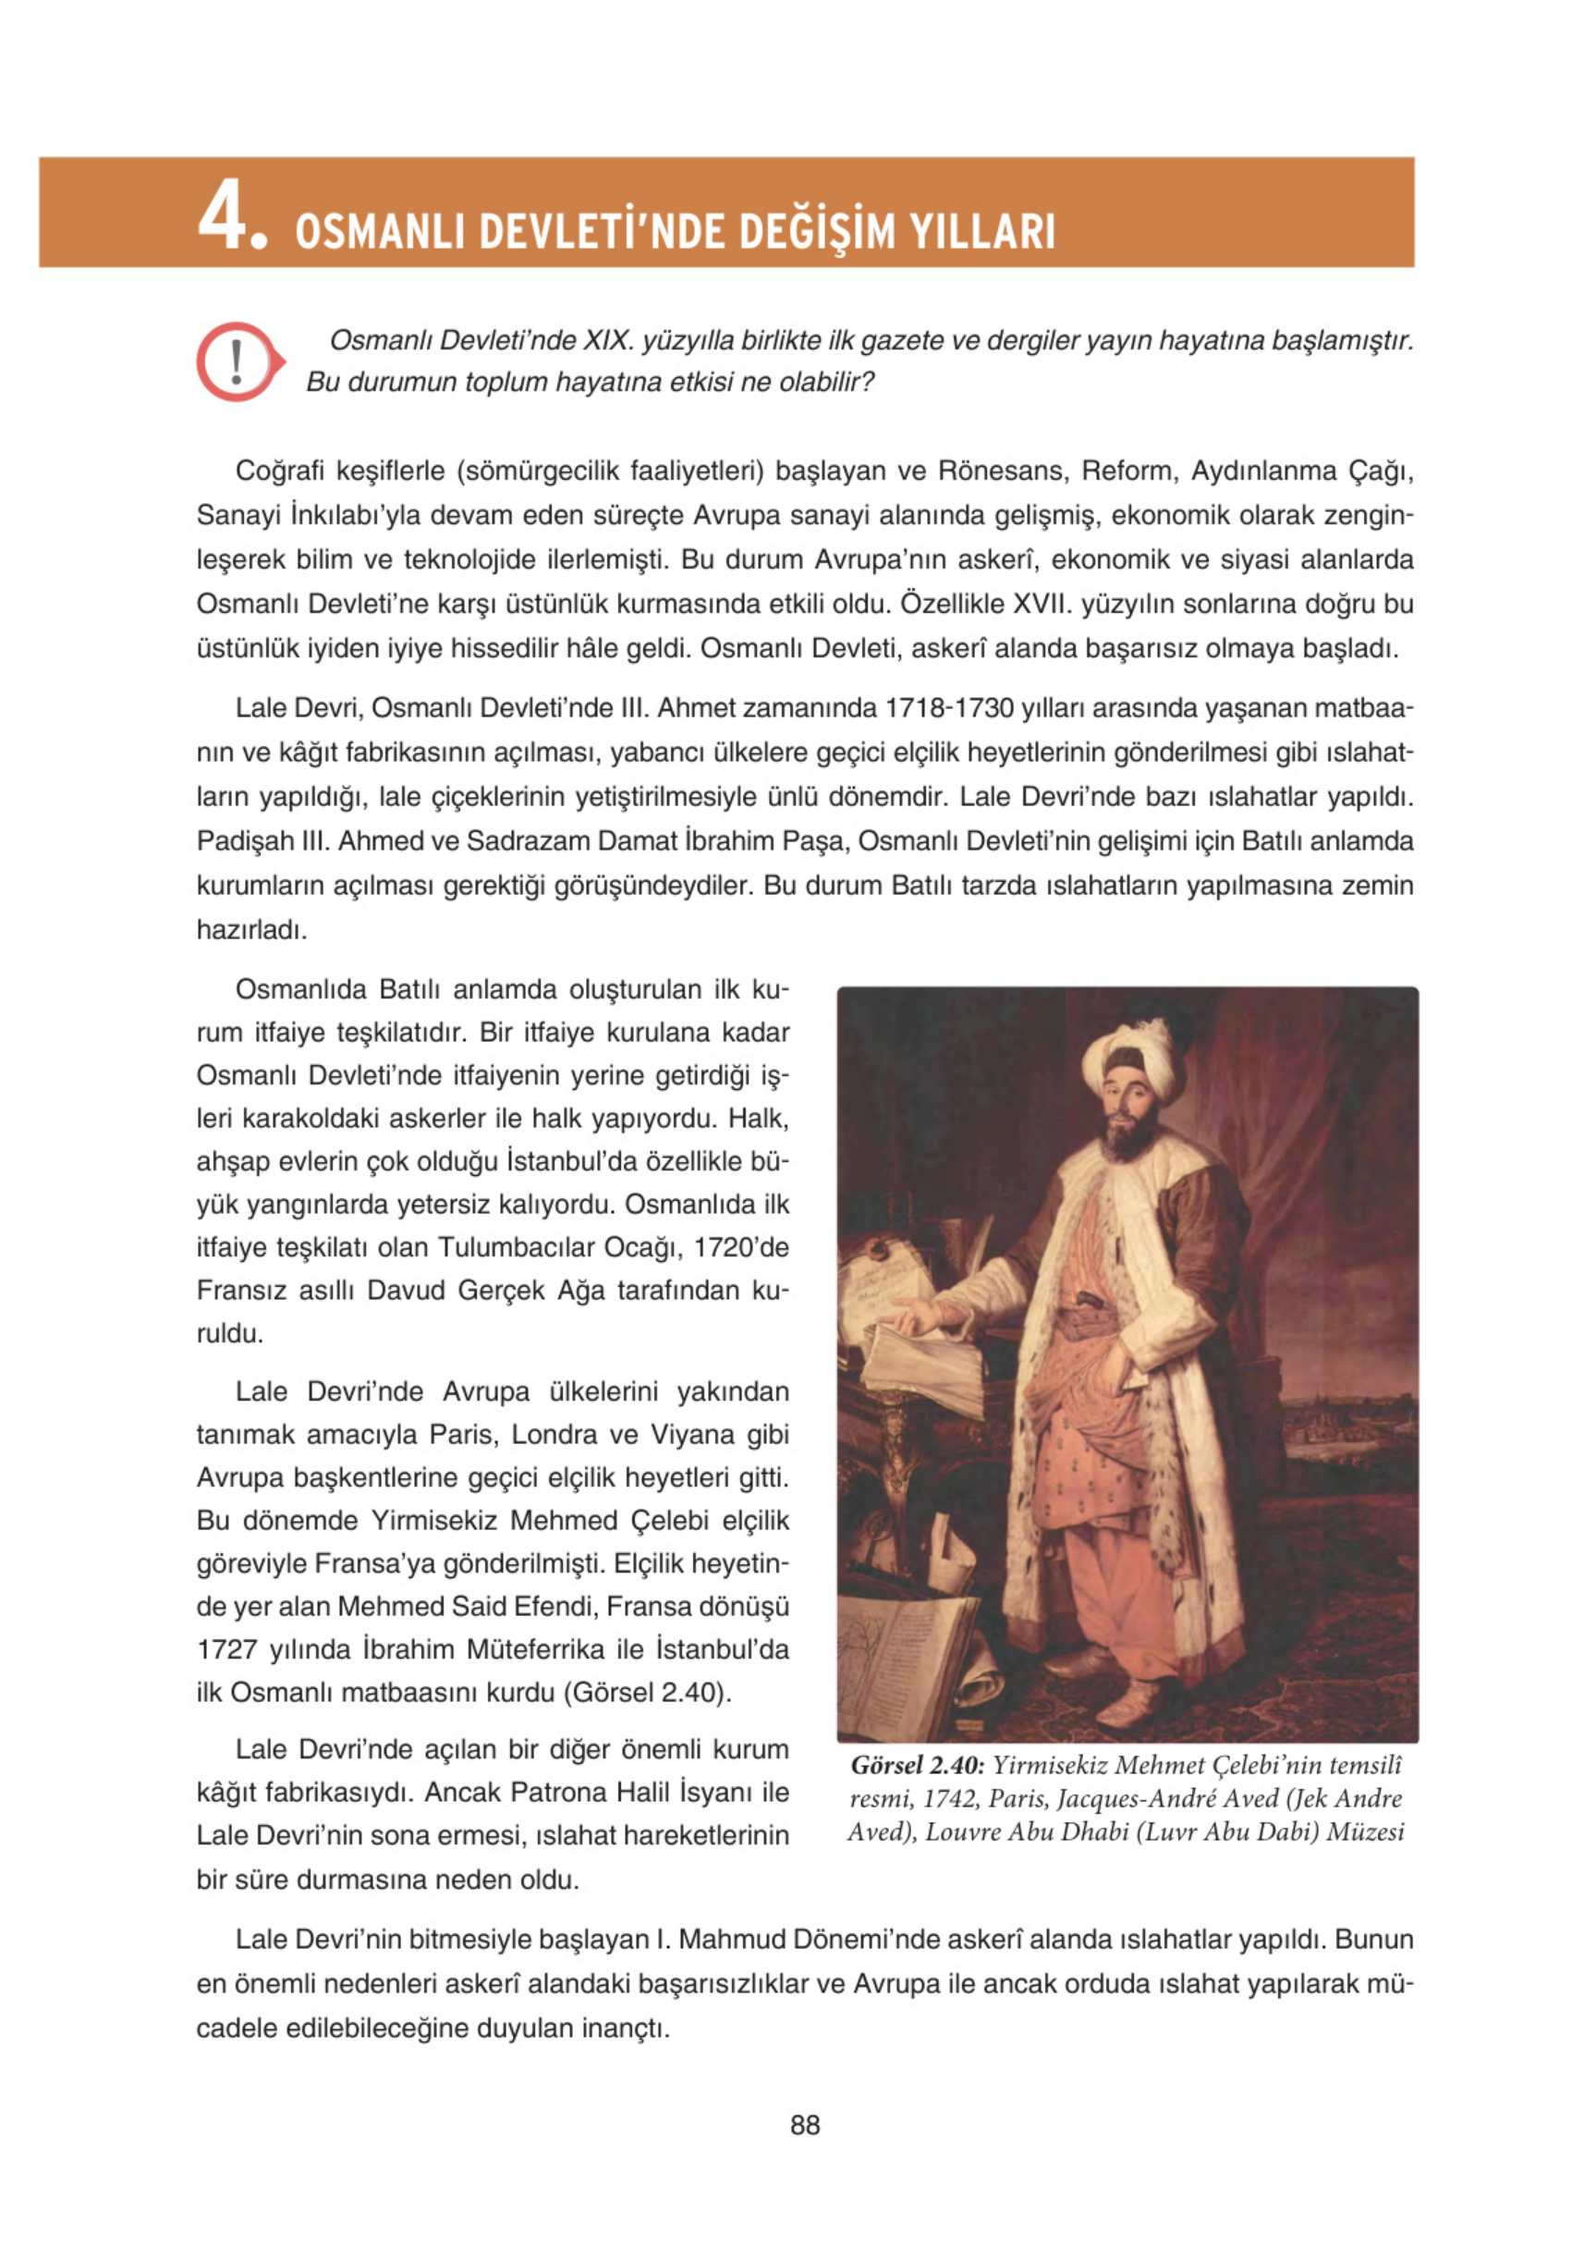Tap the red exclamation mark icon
click(238, 361)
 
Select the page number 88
click(805, 2125)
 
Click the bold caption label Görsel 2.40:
click(918, 1765)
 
